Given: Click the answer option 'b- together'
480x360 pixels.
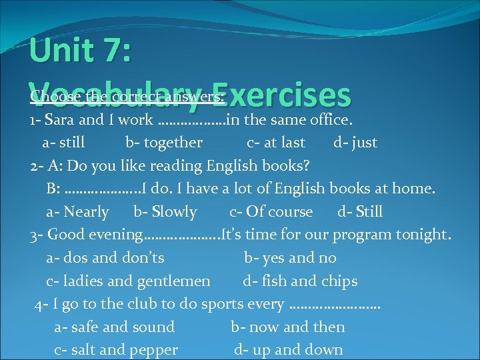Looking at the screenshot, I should (x=163, y=143).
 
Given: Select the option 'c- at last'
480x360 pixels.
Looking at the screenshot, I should (x=276, y=143).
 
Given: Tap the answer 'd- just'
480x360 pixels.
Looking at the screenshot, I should (x=355, y=143).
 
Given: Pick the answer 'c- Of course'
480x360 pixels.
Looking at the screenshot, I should (x=271, y=212).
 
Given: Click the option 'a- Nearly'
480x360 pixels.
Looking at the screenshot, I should (x=77, y=212).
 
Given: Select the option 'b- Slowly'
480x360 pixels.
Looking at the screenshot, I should (x=165, y=212).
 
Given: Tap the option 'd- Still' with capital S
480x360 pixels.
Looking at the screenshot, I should (x=360, y=212).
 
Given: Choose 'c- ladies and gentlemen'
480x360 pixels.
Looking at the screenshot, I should (x=128, y=281).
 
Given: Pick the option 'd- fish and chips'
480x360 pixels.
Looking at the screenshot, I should (x=300, y=281).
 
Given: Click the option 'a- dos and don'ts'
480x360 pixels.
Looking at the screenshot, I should (x=105, y=258).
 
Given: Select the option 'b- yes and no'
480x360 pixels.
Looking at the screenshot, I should (x=290, y=258).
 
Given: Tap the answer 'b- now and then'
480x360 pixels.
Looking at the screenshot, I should (x=288, y=327).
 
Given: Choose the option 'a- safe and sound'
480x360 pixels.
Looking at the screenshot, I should (x=114, y=327).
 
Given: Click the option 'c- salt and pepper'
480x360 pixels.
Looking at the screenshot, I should (x=116, y=350).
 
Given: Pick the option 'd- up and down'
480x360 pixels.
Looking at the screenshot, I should (x=288, y=350).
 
